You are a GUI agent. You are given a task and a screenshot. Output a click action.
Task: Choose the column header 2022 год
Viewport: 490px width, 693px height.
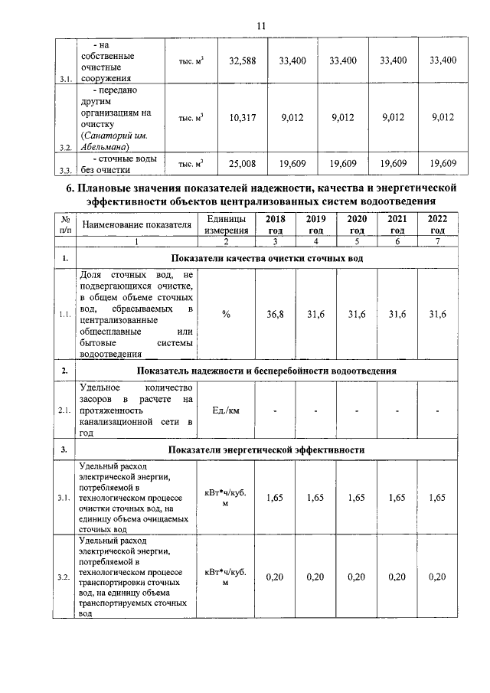tap(437, 224)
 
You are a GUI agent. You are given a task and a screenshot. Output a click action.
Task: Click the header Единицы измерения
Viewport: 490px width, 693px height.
tap(226, 224)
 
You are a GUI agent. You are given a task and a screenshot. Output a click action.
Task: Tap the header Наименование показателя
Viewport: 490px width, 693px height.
tap(136, 224)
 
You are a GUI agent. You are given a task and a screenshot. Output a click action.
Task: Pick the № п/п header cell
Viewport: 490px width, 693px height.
tap(66, 224)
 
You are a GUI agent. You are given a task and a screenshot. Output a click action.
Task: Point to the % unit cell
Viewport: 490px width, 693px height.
tap(226, 314)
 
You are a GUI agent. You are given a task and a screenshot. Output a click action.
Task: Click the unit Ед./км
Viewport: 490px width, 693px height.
tap(226, 410)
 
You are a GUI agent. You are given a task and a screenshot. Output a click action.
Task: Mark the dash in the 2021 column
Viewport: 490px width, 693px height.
tap(397, 411)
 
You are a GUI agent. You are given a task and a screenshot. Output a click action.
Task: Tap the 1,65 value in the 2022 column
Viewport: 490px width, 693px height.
tap(437, 498)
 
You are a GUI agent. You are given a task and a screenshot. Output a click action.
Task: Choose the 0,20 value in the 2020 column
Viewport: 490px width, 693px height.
tap(356, 577)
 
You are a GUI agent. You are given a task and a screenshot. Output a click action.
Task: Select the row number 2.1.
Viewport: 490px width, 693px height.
tap(66, 410)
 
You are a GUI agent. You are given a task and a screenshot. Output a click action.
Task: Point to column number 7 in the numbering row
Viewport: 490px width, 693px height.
tap(437, 241)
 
